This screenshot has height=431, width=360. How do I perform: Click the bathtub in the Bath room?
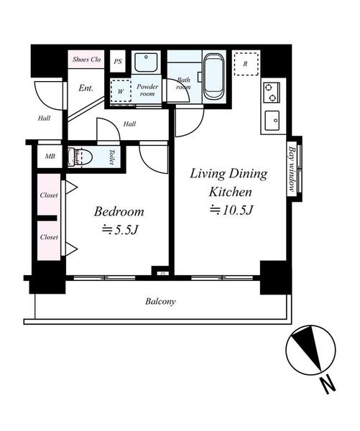click(214, 77)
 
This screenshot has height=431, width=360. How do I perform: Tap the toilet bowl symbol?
click(80, 157)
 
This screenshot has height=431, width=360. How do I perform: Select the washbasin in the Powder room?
click(146, 62)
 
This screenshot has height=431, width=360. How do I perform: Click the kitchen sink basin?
click(272, 121)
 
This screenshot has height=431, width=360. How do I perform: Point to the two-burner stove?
click(271, 93)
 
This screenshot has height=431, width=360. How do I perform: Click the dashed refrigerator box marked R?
click(246, 64)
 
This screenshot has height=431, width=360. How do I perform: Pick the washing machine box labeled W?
click(121, 91)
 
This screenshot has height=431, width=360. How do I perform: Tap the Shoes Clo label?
click(86, 59)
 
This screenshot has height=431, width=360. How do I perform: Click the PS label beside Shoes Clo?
click(118, 61)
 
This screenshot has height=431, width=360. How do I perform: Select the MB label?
click(50, 157)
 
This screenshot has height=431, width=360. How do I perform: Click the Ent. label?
click(86, 88)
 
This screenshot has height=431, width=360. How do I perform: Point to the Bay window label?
click(292, 170)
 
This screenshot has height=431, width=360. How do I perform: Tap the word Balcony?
click(160, 302)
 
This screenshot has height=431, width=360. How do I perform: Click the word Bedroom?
click(119, 211)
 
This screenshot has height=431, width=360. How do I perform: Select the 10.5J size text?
click(231, 210)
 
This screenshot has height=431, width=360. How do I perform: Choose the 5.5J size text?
click(120, 230)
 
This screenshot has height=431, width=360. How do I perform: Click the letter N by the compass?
click(328, 385)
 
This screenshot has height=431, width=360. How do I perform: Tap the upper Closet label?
click(49, 195)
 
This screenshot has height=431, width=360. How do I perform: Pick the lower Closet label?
click(49, 237)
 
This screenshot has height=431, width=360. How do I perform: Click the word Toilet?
click(112, 157)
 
